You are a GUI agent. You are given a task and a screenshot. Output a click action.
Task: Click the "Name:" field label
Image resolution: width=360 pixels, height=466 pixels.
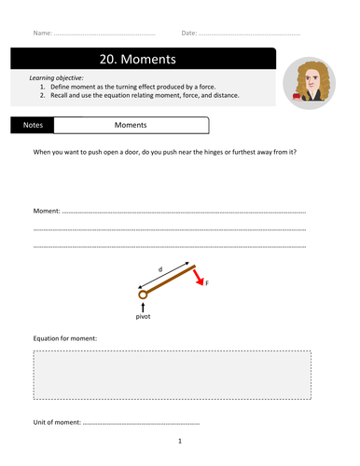pos(43,33)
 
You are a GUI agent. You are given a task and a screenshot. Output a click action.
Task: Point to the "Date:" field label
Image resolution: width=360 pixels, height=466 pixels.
pos(189,33)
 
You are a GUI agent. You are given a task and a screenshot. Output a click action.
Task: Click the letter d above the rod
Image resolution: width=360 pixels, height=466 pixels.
pos(159,270)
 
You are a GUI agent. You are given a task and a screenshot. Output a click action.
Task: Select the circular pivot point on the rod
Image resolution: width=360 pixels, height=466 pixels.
pos(143,295)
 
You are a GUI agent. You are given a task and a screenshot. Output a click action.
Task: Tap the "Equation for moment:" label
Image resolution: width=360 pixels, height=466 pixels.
pos(65,337)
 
